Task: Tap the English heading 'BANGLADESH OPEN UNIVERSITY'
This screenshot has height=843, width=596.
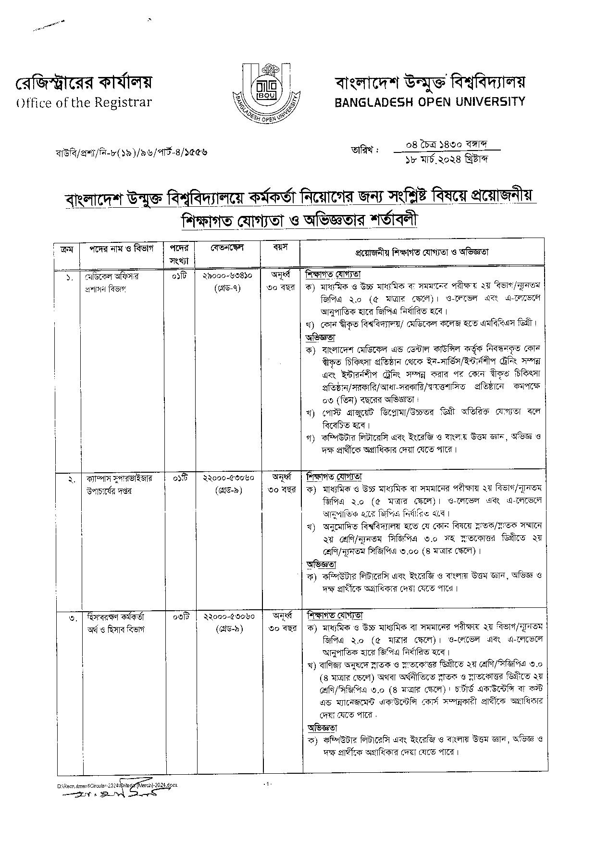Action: [430, 101]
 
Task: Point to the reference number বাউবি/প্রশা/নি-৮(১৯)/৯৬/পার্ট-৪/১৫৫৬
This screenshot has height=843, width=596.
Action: [131, 152]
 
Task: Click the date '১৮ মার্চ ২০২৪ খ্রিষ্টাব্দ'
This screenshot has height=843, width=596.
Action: [446, 159]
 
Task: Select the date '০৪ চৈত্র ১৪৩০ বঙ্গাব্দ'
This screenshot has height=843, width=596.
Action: [446, 144]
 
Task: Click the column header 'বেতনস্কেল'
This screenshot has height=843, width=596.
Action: [227, 248]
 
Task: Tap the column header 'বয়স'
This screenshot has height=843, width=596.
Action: [280, 248]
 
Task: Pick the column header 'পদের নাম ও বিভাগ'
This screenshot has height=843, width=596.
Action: [121, 249]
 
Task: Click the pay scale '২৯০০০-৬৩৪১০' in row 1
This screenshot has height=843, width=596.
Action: [228, 276]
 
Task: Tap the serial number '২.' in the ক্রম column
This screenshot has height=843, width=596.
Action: [71, 480]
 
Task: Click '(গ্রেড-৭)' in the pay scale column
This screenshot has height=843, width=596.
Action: [227, 288]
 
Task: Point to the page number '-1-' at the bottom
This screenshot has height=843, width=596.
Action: [268, 784]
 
